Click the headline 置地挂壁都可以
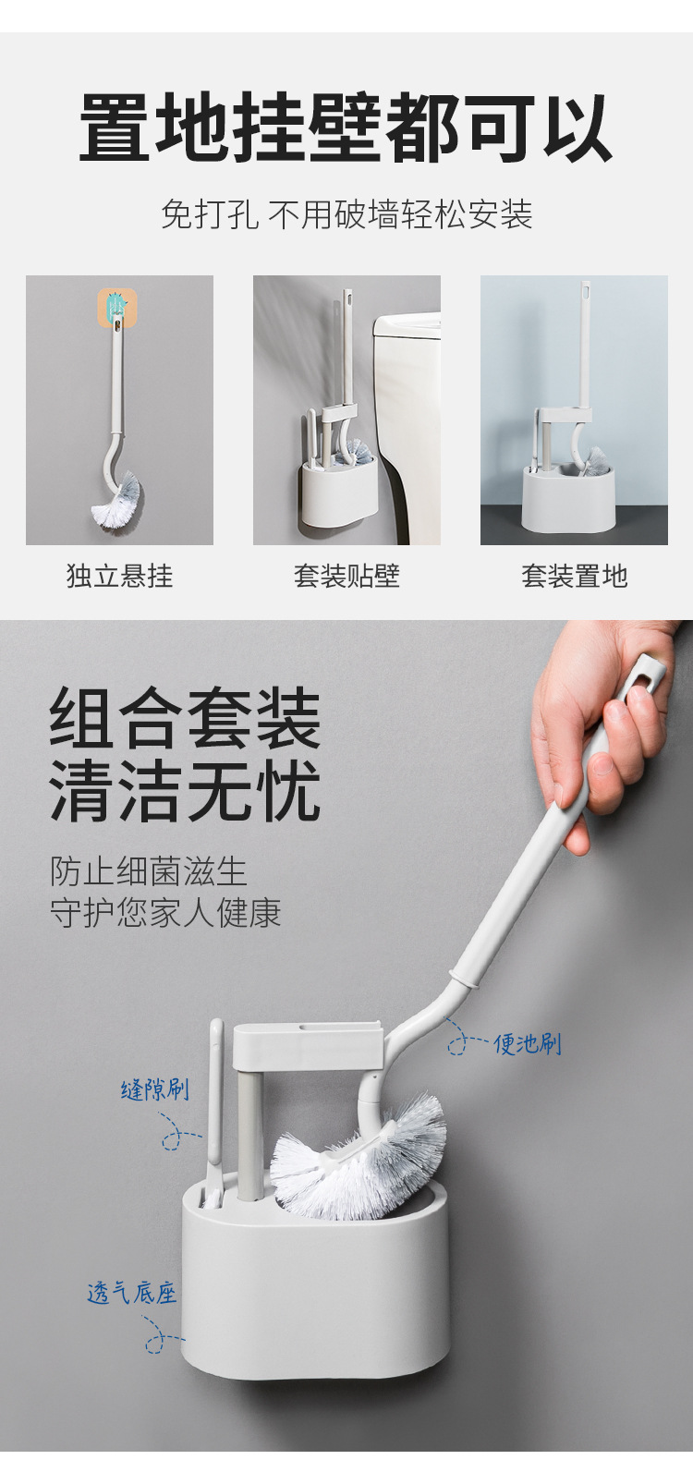point(346,128)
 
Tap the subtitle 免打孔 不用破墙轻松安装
point(346,213)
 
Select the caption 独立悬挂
point(119,576)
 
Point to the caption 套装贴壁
point(346,576)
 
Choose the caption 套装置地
point(575,576)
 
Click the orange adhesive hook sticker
point(117,309)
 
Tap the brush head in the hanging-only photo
point(118,495)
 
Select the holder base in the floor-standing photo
point(569,495)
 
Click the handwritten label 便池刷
point(528,1043)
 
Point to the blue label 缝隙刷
point(155,1090)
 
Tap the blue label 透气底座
point(132,1294)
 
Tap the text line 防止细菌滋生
point(149,871)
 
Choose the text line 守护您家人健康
point(165,912)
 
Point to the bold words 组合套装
point(186,718)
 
